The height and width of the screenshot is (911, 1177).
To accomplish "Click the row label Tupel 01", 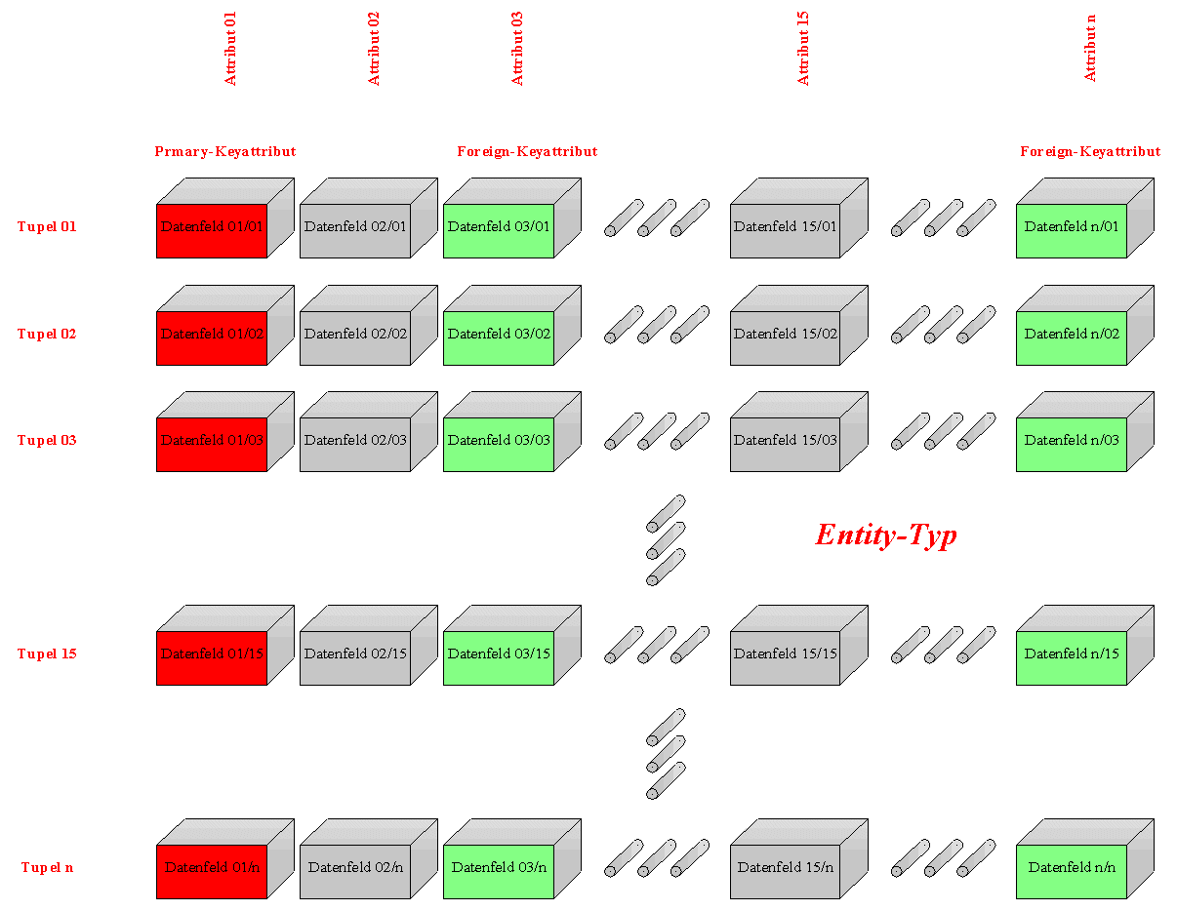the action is [47, 226].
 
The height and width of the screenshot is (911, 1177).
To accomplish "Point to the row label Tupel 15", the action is [47, 654].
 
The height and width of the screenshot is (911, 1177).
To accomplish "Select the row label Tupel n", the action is [47, 867].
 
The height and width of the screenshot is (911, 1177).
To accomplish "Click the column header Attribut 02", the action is [373, 49].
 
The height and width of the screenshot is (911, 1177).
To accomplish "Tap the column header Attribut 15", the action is [802, 49].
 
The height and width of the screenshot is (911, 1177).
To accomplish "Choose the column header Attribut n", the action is [1089, 49].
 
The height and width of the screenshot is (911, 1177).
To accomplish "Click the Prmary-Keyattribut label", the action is [224, 151].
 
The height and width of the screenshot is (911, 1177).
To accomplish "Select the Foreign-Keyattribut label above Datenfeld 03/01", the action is [526, 151].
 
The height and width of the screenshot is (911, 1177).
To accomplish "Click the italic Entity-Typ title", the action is [885, 535].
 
